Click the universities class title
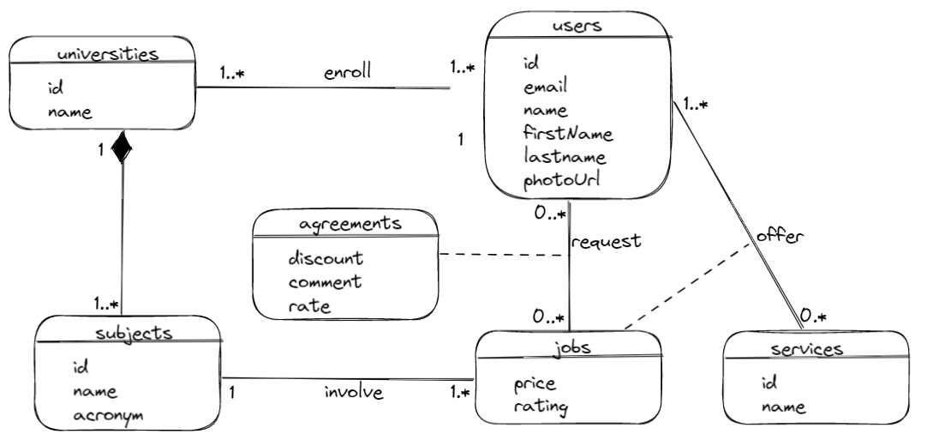(x=107, y=54)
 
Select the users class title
(x=578, y=25)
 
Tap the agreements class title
(x=351, y=224)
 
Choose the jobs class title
(x=567, y=348)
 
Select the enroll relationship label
(x=347, y=72)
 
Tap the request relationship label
(x=607, y=241)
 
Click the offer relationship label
(x=779, y=236)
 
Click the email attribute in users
(x=545, y=86)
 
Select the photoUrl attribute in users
(x=560, y=180)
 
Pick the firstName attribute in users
(x=567, y=133)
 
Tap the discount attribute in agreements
(x=326, y=257)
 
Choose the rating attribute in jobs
(x=540, y=407)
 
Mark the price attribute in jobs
(x=535, y=383)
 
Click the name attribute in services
(x=783, y=407)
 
